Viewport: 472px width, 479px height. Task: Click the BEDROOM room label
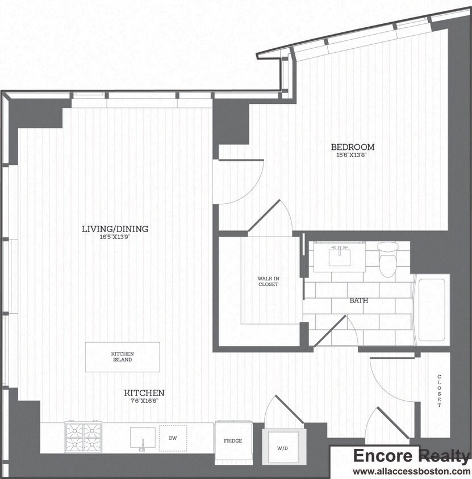(353, 147)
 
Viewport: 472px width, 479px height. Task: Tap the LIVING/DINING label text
(115, 229)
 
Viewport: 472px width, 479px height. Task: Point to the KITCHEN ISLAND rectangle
(122, 357)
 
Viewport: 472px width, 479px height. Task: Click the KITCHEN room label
(145, 393)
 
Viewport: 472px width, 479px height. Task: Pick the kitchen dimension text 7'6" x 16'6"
(145, 401)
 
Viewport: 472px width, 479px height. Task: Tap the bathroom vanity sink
(339, 257)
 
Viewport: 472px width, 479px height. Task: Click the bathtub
(432, 309)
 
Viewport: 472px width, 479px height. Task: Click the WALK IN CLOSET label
(268, 281)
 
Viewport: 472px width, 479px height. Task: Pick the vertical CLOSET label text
(439, 391)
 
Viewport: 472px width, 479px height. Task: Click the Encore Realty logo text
(411, 456)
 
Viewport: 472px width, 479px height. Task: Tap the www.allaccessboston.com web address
(411, 471)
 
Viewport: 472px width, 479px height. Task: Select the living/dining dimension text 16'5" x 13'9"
(115, 237)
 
